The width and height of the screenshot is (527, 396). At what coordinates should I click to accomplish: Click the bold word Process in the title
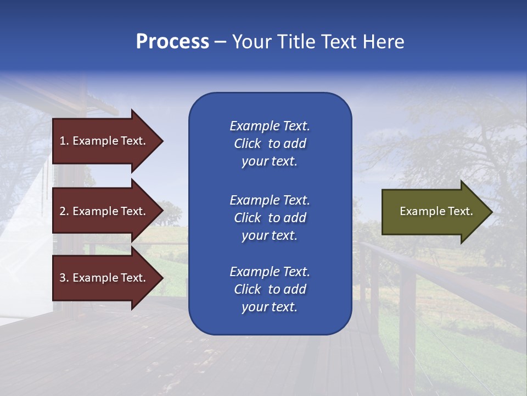[172, 42]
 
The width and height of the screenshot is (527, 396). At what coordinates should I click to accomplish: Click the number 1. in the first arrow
[64, 141]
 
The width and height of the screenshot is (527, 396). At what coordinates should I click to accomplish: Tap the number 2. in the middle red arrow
[64, 211]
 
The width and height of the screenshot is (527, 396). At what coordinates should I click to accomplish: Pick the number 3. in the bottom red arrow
[64, 278]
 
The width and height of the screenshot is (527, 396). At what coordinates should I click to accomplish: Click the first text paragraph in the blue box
[270, 144]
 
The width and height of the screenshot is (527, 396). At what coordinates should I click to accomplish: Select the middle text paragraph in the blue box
[270, 218]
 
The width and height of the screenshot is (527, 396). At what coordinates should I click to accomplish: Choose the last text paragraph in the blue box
[270, 289]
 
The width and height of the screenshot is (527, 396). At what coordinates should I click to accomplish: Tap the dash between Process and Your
[220, 42]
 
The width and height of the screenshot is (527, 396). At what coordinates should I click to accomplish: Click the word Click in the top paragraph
[247, 144]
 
